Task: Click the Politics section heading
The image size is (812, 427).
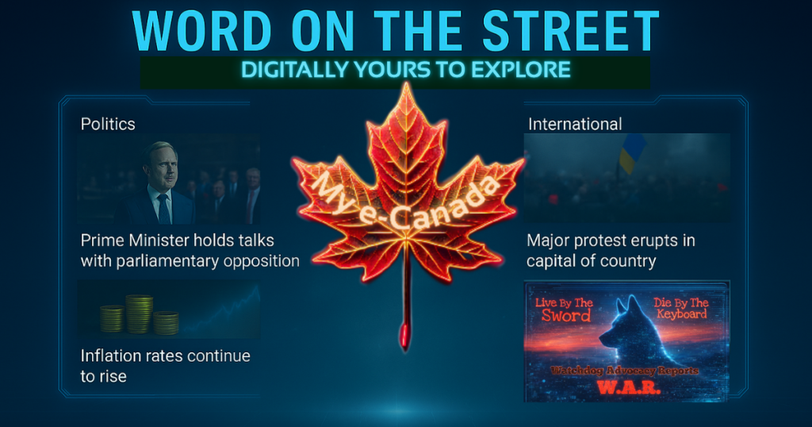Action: (x=108, y=124)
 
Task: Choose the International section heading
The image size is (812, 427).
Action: (x=575, y=124)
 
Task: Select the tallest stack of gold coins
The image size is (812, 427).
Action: (x=140, y=313)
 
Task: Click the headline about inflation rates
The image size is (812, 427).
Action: (x=165, y=365)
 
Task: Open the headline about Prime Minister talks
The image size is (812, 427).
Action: (x=190, y=249)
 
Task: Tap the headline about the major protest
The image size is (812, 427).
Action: (x=610, y=249)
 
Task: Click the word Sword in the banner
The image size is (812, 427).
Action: (x=566, y=315)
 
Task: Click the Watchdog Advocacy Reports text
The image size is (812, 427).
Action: (x=626, y=370)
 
